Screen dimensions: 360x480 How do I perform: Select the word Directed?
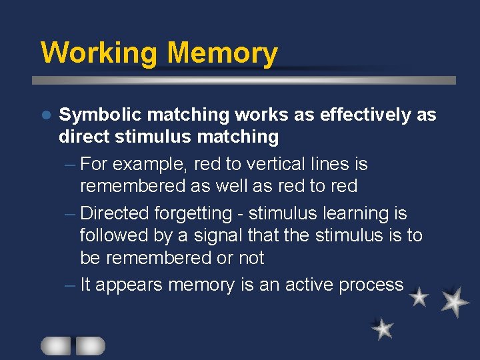[114, 213]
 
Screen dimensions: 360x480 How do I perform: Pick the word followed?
[112, 236]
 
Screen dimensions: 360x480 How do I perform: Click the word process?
[371, 285]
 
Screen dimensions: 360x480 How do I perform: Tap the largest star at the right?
[455, 301]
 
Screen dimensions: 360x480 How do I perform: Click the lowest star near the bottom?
[383, 329]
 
